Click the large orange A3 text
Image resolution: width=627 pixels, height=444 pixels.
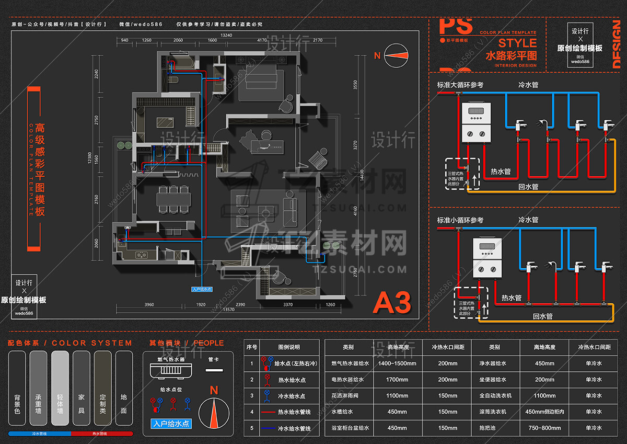click(x=391, y=302)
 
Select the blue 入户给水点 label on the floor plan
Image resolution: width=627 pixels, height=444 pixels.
click(x=202, y=289)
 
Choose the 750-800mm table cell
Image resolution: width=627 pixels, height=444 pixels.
click(x=544, y=428)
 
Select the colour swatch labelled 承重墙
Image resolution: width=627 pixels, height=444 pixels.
click(x=39, y=388)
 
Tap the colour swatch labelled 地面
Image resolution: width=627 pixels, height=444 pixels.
click(x=124, y=388)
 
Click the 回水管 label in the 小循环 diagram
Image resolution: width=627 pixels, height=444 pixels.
click(x=542, y=316)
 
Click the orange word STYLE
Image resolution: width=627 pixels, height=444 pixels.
click(x=517, y=43)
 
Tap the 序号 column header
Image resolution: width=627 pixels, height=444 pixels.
click(x=251, y=347)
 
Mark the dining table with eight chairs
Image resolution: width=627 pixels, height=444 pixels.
click(x=172, y=199)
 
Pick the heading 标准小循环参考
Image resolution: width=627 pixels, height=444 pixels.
click(x=461, y=220)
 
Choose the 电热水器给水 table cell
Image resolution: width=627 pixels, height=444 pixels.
click(x=347, y=380)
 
